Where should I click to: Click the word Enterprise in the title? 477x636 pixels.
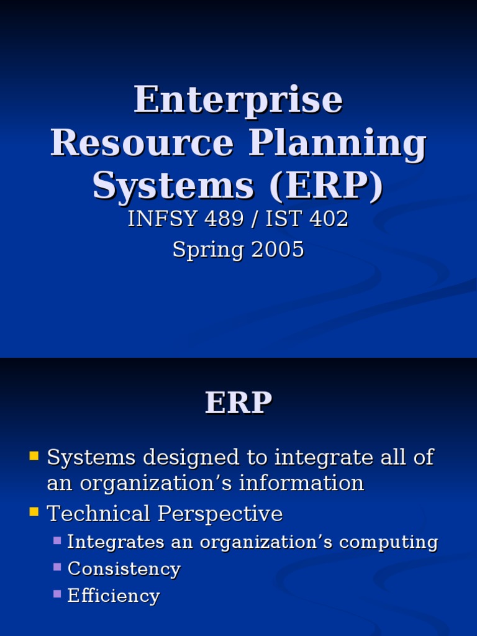(x=238, y=100)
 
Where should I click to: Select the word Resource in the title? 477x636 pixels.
(x=142, y=143)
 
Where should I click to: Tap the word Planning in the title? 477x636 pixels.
(x=338, y=144)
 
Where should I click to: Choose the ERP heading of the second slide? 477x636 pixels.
(x=238, y=404)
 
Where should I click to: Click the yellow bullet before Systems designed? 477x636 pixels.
(x=34, y=457)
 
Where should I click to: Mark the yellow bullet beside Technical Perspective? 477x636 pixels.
(x=34, y=512)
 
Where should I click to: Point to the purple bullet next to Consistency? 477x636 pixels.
(x=57, y=567)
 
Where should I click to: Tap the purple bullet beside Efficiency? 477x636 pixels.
(x=57, y=594)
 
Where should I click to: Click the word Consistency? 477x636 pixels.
(x=124, y=569)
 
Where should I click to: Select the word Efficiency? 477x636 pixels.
(x=113, y=596)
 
